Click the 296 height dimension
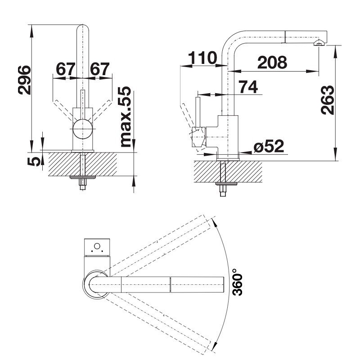click(24, 80)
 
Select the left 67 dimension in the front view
click(66, 69)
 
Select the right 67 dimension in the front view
click(99, 69)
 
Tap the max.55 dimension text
click(126, 117)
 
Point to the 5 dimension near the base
click(33, 162)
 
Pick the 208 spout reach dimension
click(272, 62)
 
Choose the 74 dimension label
click(248, 87)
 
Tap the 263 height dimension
click(328, 100)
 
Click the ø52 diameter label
click(269, 146)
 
